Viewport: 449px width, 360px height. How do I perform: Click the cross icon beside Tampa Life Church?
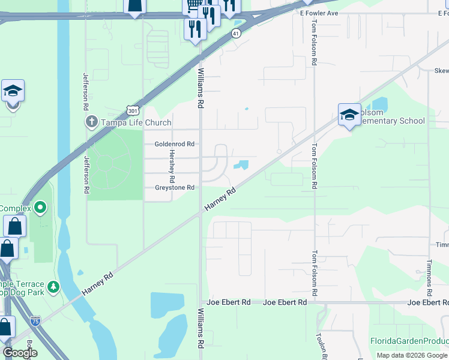(x=91, y=122)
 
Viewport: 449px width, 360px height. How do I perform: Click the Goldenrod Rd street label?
(x=174, y=144)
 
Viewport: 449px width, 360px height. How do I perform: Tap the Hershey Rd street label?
(x=172, y=166)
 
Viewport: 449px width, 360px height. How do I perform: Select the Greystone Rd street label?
(x=174, y=188)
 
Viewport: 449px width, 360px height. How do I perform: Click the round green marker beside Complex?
(x=40, y=208)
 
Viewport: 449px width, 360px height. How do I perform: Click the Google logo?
(x=20, y=352)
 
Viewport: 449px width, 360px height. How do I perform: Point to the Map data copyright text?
(x=411, y=355)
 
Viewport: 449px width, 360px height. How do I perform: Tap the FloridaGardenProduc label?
(x=408, y=341)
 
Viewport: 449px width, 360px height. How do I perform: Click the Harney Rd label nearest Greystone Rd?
(x=219, y=199)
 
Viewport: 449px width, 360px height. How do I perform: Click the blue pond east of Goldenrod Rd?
(x=242, y=164)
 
